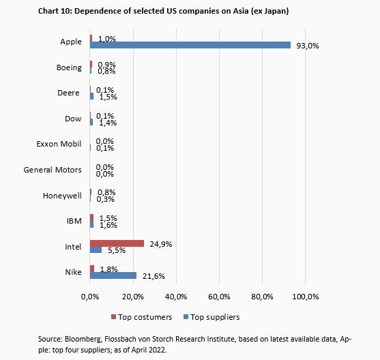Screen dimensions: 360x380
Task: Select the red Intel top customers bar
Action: coord(117,243)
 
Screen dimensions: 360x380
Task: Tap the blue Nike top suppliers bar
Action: coord(113,275)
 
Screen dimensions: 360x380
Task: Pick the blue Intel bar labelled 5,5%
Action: coord(96,250)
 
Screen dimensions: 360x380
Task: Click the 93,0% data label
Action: coord(308,46)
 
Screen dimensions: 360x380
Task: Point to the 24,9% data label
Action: coord(160,243)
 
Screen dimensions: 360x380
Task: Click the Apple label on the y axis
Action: coord(70,42)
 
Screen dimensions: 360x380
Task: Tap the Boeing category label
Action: coord(69,67)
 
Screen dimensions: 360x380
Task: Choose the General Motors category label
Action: coord(53,170)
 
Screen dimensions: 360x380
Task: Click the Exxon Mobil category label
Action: coord(59,144)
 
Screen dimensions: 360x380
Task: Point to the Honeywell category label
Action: coord(63,196)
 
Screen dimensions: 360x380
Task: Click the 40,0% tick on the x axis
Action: coord(176,297)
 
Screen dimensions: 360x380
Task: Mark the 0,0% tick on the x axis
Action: coord(90,297)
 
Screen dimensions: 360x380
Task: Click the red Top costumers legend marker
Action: coord(114,317)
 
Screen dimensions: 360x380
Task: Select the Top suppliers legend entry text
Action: coord(216,317)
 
